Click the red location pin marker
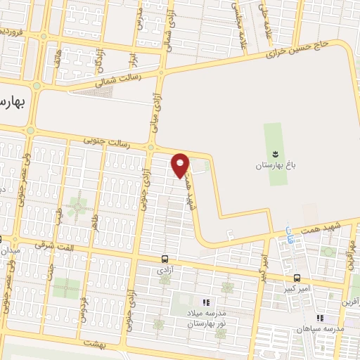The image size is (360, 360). tap(181, 165)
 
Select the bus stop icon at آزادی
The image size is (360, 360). tap(165, 258)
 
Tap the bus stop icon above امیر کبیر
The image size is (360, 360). tap(297, 277)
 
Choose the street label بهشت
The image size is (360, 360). tap(93, 342)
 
